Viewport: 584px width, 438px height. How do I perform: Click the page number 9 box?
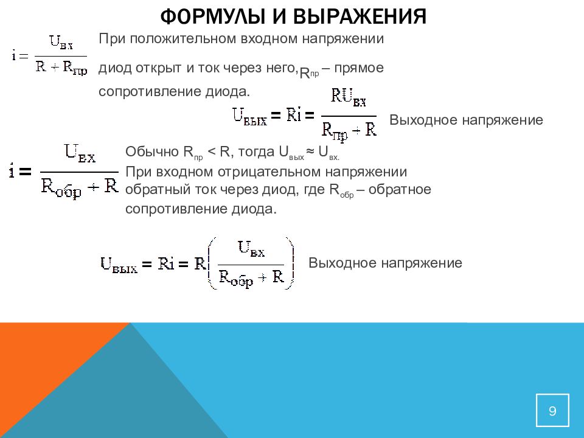click(552, 411)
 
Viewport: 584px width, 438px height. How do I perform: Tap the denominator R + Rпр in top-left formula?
click(61, 68)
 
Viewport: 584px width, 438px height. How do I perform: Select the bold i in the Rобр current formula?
click(12, 172)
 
